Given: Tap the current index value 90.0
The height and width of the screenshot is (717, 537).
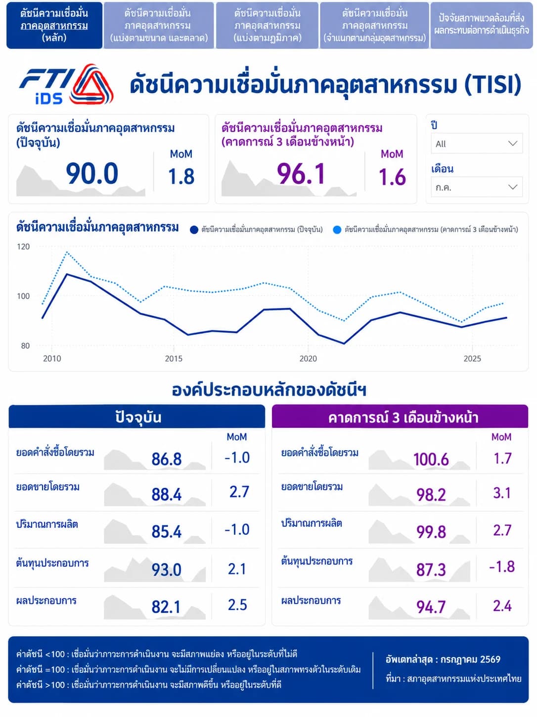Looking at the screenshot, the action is pos(92,173).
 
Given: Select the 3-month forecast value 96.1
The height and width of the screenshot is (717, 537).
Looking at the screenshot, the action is pos(301,173).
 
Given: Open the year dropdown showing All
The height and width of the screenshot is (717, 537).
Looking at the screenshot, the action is pos(476,144).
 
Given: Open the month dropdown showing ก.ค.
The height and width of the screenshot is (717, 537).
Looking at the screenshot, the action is pos(476,187).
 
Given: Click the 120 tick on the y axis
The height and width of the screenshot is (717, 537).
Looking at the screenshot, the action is pos(23,247).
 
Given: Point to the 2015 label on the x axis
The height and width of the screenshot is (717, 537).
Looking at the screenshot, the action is pos(174,358).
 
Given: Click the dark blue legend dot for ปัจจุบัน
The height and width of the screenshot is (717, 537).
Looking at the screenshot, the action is pos(194,230).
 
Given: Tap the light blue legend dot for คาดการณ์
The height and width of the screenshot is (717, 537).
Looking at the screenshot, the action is pos(337,230).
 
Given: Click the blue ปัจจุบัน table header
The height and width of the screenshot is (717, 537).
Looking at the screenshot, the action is pos(137,416).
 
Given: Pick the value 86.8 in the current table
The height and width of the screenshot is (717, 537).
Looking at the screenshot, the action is pos(166,459).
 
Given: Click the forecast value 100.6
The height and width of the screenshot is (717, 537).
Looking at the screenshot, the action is pos(431,460).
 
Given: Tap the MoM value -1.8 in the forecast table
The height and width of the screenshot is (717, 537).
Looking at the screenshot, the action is pos(502,567).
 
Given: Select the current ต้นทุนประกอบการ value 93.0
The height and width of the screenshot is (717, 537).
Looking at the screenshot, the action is pos(166,569).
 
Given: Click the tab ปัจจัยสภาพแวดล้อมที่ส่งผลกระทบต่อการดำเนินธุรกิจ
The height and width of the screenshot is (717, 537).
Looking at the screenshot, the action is pos(482,25).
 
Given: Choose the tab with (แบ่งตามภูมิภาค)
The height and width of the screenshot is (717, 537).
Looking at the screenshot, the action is pos(267,25).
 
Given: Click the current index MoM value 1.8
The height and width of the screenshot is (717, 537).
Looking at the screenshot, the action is pos(181,177).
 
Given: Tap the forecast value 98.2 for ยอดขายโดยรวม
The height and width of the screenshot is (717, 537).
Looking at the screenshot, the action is pos(431,495).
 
